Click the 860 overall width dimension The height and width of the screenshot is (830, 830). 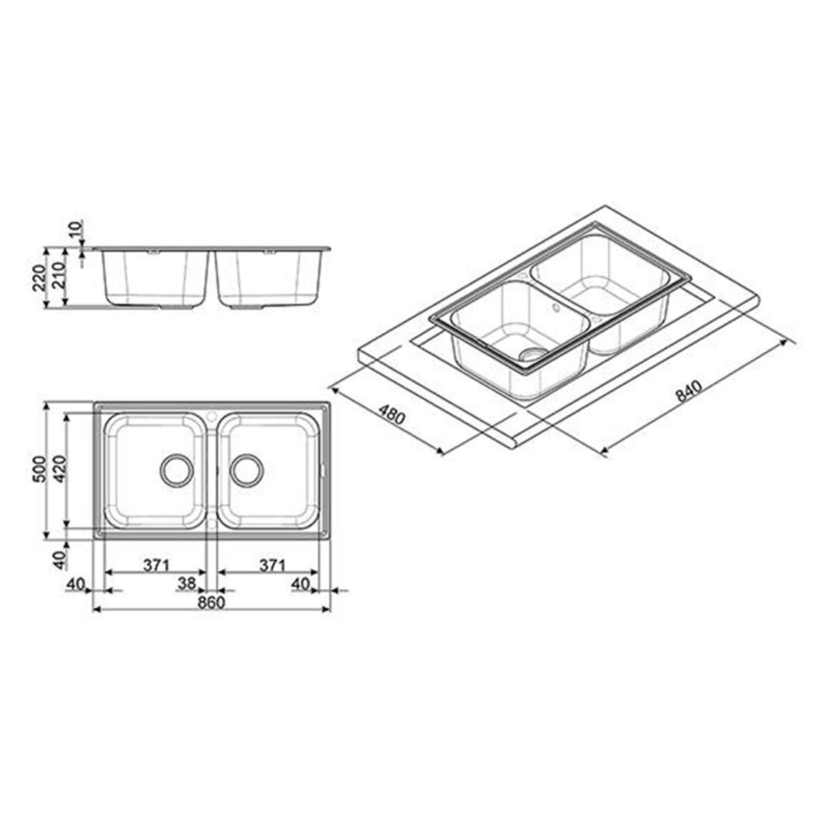click(x=211, y=602)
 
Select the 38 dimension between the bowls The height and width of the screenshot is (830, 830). click(x=187, y=583)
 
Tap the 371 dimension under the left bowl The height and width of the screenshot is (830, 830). click(x=156, y=565)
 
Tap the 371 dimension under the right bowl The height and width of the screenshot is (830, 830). click(x=272, y=565)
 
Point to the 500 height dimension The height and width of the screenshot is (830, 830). click(x=39, y=468)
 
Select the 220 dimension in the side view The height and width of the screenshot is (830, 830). click(x=39, y=277)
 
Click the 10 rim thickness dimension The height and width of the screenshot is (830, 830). click(x=75, y=228)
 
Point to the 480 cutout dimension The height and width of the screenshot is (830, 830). click(x=392, y=414)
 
